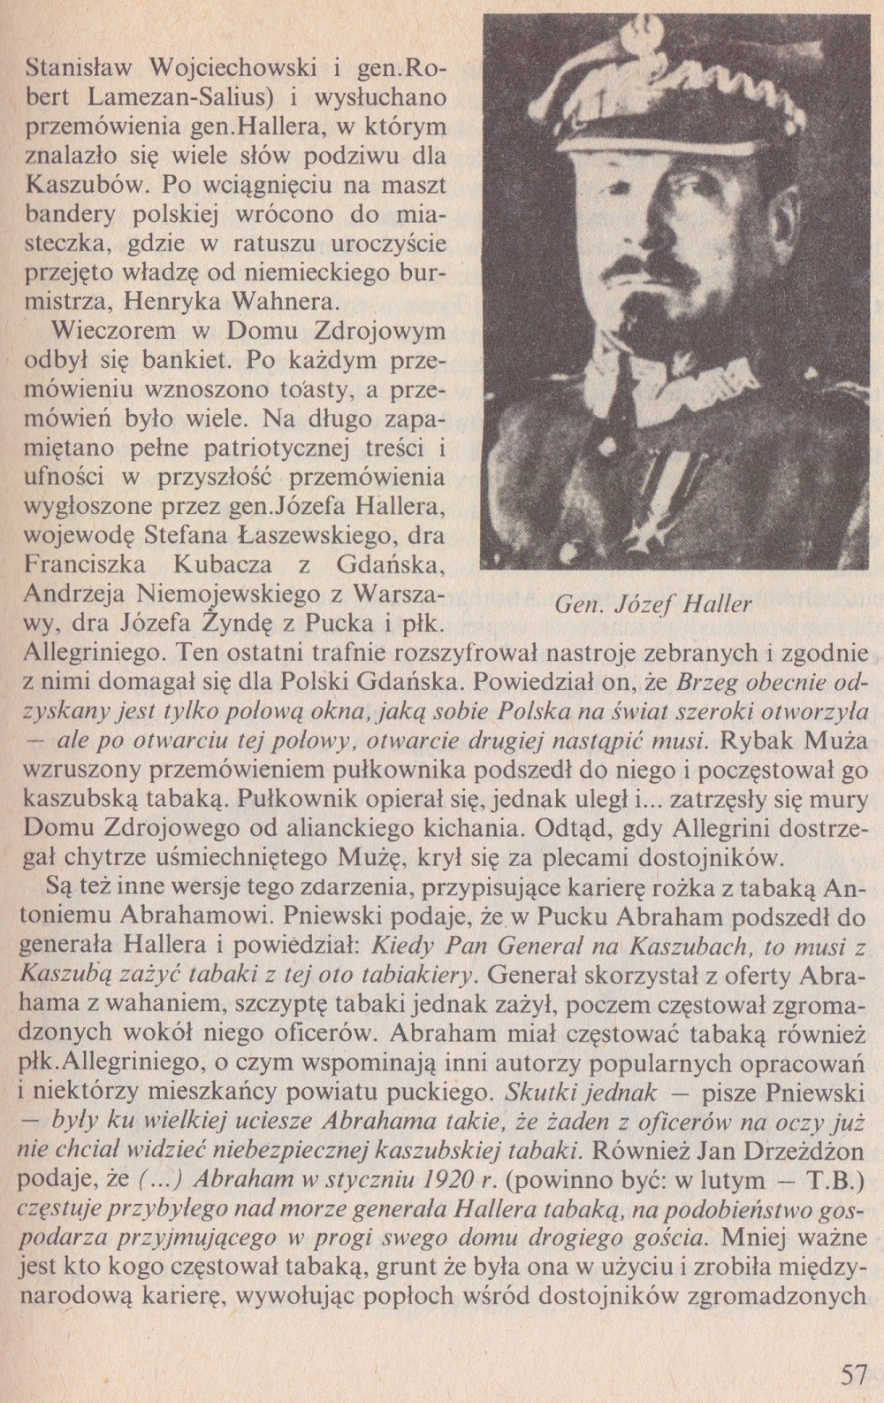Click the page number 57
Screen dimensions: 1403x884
852,1376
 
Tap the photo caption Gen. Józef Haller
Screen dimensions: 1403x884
652,605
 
